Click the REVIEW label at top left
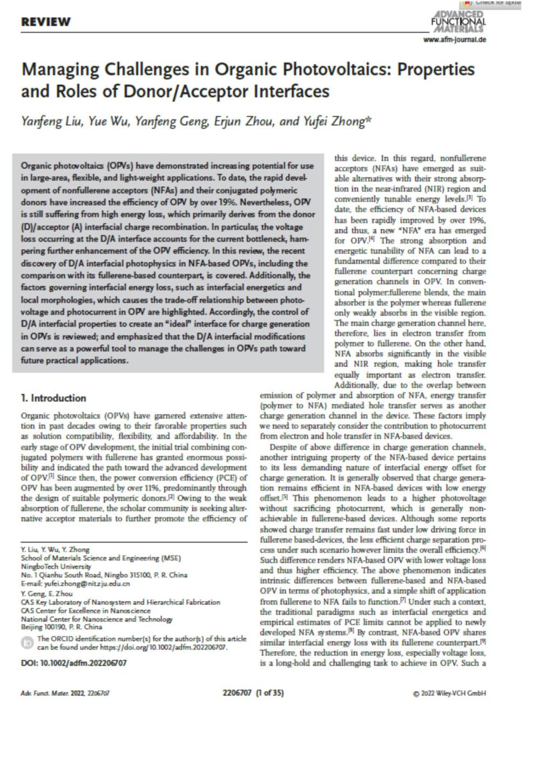point(46,22)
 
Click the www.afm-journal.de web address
point(455,39)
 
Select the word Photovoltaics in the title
point(333,70)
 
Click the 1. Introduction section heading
point(53,398)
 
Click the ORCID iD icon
point(26,643)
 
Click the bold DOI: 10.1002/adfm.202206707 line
point(73,663)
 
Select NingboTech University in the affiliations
point(56,567)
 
